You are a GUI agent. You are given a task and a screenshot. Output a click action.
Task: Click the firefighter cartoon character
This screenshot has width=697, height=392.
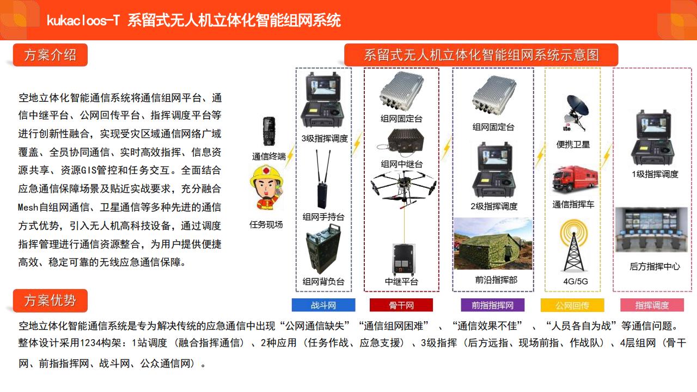(x=266, y=187)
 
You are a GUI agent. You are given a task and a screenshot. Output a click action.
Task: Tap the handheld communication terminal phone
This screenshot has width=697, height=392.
(x=269, y=131)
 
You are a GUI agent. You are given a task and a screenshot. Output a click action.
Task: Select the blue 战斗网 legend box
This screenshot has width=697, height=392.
(x=323, y=305)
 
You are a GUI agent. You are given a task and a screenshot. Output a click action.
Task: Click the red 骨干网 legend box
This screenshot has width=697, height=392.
(x=401, y=305)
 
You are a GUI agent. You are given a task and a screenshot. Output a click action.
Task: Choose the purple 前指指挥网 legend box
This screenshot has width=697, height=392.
(x=493, y=305)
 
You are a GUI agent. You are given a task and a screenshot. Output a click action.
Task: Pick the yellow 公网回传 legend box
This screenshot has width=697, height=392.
(x=572, y=305)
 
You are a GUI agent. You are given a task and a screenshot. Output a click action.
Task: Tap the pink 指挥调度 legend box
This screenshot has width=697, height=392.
(x=652, y=305)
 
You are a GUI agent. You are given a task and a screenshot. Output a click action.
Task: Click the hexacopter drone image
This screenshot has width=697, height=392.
(x=403, y=189)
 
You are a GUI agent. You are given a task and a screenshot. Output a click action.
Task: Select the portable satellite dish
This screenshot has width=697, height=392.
(x=576, y=113)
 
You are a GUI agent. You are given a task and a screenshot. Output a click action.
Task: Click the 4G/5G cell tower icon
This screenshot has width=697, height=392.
(x=573, y=246)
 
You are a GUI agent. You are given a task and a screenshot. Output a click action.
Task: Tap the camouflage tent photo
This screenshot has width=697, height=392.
(x=493, y=243)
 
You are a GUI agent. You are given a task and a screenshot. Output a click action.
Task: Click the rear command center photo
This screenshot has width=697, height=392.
(x=652, y=230)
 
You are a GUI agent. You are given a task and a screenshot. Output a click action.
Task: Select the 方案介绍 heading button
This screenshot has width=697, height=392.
(x=50, y=55)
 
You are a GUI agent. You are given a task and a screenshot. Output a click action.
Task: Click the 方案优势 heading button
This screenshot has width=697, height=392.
(x=50, y=301)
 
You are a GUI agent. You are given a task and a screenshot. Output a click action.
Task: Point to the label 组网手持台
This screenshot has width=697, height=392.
(x=323, y=217)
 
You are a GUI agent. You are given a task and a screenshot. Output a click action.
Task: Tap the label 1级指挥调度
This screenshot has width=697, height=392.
(x=655, y=174)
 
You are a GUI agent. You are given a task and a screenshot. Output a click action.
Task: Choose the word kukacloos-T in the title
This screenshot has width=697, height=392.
(x=83, y=21)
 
